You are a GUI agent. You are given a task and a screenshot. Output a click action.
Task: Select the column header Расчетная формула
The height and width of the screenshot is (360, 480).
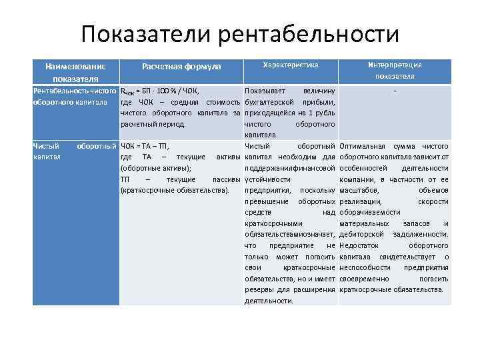(x=181, y=67)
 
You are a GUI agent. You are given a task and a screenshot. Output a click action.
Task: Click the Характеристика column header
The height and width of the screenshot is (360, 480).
(x=291, y=65)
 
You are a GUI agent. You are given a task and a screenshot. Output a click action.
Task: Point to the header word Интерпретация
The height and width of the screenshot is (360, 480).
(x=395, y=65)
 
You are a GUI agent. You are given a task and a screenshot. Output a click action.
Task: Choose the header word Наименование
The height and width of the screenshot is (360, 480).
(x=75, y=67)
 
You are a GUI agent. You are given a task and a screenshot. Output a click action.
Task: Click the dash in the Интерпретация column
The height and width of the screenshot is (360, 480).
(x=395, y=91)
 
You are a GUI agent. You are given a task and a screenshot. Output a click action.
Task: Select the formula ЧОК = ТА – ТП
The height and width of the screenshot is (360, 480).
(x=145, y=146)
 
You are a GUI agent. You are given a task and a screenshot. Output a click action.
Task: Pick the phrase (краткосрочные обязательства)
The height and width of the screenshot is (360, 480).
(x=175, y=191)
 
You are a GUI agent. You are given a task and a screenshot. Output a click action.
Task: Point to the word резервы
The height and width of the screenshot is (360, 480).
(x=259, y=289)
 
